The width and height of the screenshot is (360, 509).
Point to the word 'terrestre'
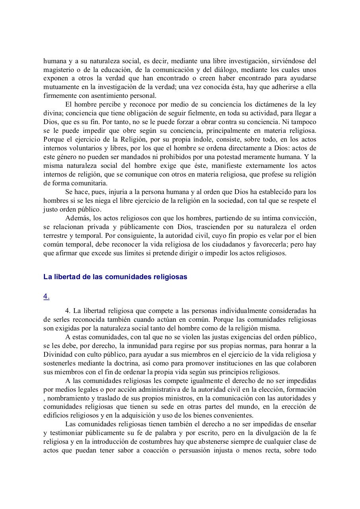[55, 236]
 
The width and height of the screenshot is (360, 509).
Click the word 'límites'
[132, 253]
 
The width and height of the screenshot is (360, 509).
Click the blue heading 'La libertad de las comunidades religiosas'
[115, 277]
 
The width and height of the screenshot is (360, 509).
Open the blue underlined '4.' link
[46, 296]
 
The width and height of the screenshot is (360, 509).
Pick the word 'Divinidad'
[57, 354]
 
